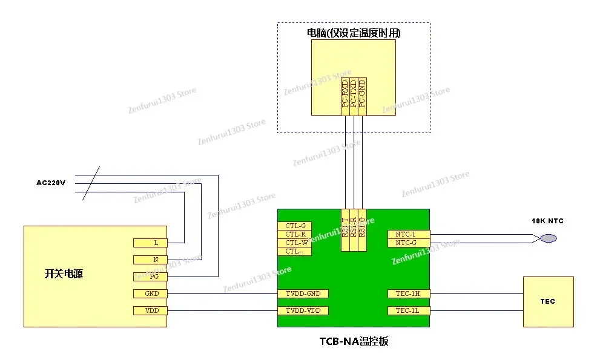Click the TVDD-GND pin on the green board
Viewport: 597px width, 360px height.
(303, 294)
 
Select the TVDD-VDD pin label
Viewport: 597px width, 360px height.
(303, 311)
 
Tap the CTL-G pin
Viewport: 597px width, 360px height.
(294, 226)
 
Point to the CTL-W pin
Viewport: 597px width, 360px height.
(294, 243)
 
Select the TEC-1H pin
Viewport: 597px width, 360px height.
(409, 294)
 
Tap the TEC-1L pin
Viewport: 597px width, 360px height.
(409, 311)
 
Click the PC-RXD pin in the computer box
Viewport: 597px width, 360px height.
(345, 96)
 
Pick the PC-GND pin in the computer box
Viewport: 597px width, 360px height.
(362, 96)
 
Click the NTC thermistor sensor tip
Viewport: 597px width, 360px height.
(548, 238)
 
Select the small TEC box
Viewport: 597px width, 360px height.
(548, 302)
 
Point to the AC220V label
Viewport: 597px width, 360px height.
(51, 183)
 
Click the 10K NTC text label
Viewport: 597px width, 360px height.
(547, 221)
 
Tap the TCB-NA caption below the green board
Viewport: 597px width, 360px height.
(354, 342)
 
